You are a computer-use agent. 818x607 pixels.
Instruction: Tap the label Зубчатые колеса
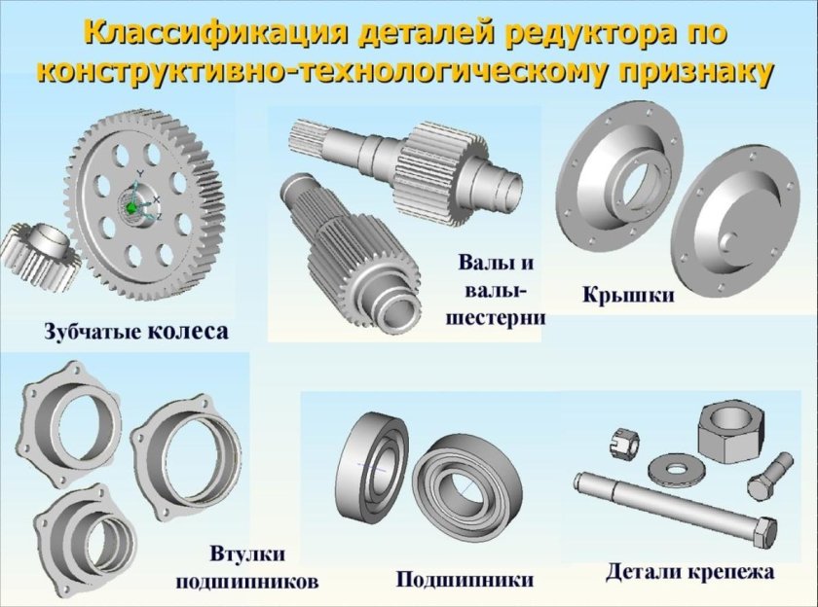click(x=135, y=332)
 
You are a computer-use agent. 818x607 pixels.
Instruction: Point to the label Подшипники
click(x=465, y=580)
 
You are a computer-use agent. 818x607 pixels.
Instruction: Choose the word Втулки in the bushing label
click(x=248, y=554)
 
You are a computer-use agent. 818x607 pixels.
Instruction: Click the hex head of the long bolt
click(x=764, y=533)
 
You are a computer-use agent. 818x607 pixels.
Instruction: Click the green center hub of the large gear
click(x=131, y=205)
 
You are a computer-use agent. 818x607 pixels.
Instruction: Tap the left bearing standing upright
click(x=371, y=463)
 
